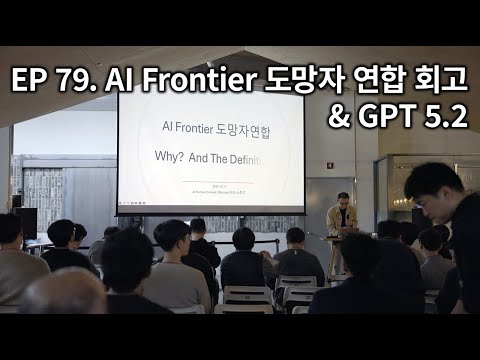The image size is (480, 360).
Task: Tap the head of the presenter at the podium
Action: click(x=343, y=198)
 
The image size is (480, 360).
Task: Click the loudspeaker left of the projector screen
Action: click(x=27, y=222)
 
